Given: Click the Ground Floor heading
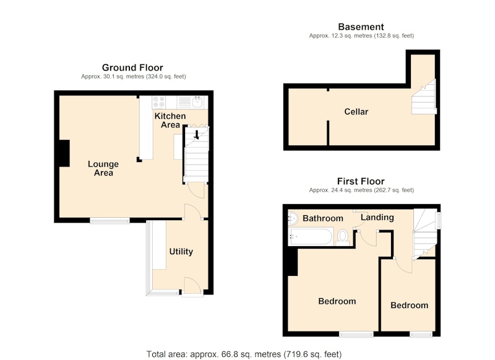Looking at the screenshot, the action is click(x=132, y=67).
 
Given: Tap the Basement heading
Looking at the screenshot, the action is click(x=361, y=27).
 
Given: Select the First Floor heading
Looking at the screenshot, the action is click(x=361, y=181).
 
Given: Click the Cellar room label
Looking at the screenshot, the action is click(x=356, y=112).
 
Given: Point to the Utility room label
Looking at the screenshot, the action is click(x=181, y=252).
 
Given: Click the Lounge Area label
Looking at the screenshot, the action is click(x=103, y=168).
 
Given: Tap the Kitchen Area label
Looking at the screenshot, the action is click(x=170, y=120).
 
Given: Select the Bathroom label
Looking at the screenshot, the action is click(x=322, y=218).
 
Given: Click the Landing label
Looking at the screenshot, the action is click(x=377, y=217).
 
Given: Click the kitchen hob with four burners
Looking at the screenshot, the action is click(x=159, y=102).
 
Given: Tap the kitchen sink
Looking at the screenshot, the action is click(x=197, y=102).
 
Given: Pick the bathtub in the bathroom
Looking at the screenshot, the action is click(x=310, y=237).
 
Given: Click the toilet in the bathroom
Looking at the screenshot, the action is click(x=343, y=238).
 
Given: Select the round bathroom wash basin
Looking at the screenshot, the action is click(x=293, y=218).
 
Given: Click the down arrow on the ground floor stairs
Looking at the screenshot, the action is click(x=196, y=135).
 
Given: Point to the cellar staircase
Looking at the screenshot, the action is click(x=424, y=96).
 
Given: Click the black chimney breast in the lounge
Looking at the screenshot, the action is click(x=64, y=153).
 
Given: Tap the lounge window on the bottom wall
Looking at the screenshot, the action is click(x=110, y=221).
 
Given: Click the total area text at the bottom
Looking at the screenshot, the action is click(x=244, y=354).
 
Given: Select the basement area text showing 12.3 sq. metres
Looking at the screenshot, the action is click(x=361, y=36).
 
